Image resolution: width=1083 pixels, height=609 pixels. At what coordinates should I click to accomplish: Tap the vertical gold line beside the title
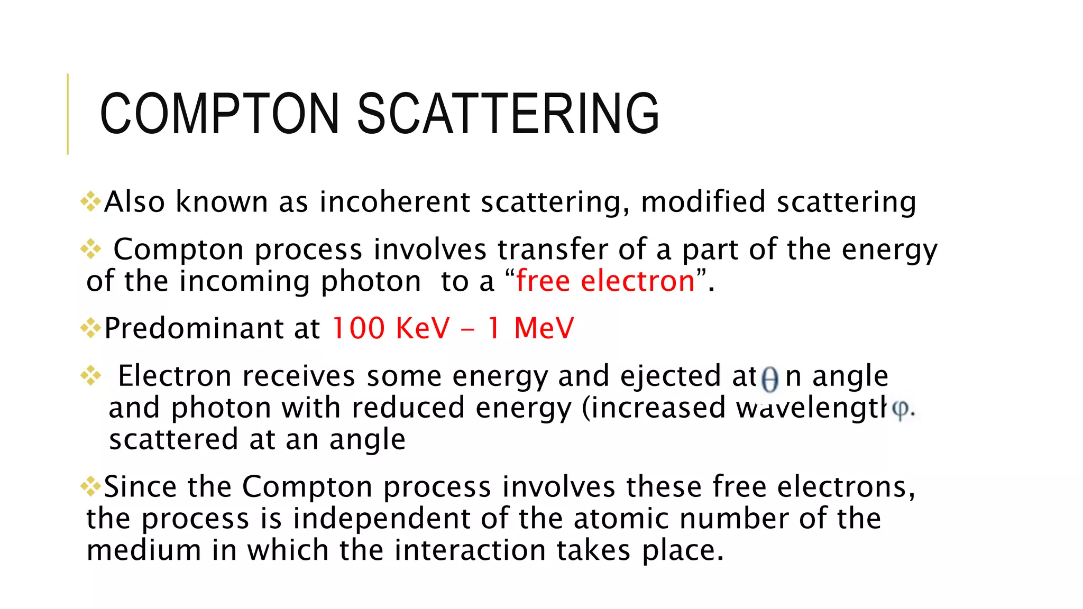click(68, 114)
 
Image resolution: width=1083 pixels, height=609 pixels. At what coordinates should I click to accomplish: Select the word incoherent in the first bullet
click(394, 202)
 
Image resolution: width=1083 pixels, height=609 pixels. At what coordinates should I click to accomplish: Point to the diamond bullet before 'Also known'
click(90, 201)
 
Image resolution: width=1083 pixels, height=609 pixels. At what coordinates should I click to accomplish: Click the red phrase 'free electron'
click(605, 281)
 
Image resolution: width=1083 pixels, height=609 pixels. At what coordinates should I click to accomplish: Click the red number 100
click(359, 328)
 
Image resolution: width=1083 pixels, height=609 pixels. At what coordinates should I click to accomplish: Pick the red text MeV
click(544, 328)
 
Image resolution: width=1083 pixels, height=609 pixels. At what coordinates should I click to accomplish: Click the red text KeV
click(423, 328)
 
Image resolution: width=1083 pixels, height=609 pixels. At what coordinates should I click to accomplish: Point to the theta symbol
click(770, 379)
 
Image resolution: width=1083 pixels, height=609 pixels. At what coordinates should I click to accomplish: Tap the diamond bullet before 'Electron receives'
click(90, 375)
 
